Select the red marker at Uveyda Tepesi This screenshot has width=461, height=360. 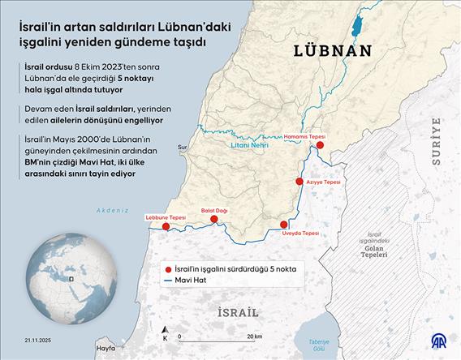click(284, 225)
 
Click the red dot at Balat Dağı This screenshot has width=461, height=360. click(214, 219)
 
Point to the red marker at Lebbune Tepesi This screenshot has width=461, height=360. click(166, 227)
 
